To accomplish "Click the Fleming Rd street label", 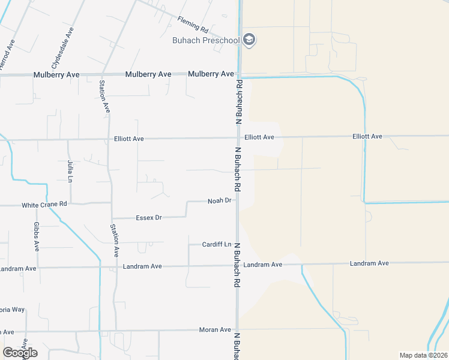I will click(192, 25).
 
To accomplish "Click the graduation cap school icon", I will click(249, 40).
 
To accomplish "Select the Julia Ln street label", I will click(70, 170).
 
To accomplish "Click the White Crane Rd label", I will click(44, 205).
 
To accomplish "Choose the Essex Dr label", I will click(149, 217).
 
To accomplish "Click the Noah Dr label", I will click(219, 200).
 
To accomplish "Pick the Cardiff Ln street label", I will click(217, 245).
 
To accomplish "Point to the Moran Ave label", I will click(215, 330).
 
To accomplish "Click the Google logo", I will click(20, 352).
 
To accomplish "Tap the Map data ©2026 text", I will click(424, 355).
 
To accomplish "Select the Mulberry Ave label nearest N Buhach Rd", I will click(211, 74).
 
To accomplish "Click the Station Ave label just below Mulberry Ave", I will click(104, 96).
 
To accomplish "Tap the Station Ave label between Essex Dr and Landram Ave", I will click(114, 241).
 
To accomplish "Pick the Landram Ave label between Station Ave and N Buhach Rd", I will click(142, 266).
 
